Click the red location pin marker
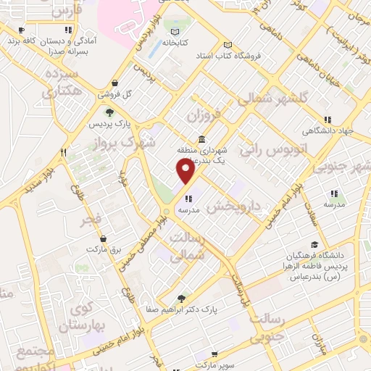pyautogui.click(x=186, y=171)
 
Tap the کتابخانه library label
pyautogui.click(x=175, y=43)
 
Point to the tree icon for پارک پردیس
pyautogui.click(x=109, y=112)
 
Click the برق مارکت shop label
pyautogui.click(x=103, y=248)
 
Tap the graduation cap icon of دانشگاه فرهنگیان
pyautogui.click(x=314, y=244)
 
